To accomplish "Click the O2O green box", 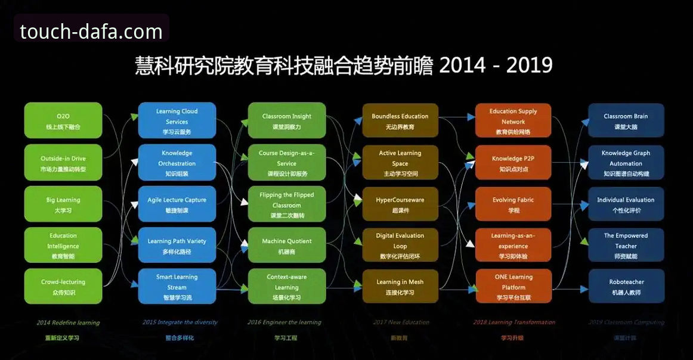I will tap(63, 121).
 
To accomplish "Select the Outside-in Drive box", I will tap(63, 163).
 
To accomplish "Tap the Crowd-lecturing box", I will tap(63, 287).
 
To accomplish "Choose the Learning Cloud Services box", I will tap(177, 121).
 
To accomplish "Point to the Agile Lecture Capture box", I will tap(177, 204).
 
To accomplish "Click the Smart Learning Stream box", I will tap(177, 287).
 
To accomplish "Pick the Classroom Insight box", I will tap(287, 121).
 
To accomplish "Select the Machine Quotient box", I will tap(287, 246).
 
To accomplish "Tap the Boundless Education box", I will tap(400, 121).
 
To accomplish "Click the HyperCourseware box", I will tap(400, 204).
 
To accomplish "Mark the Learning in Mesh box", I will tap(400, 287).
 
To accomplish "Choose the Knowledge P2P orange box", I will tap(513, 163).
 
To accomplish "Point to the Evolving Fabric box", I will tap(513, 204).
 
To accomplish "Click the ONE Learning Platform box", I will tap(513, 287).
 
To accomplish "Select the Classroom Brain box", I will tap(626, 121).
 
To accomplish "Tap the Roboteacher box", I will tap(626, 287).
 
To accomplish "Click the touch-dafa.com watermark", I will tap(91, 31).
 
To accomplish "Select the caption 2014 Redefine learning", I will tap(68, 322).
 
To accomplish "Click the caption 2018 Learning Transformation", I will tap(514, 322).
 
